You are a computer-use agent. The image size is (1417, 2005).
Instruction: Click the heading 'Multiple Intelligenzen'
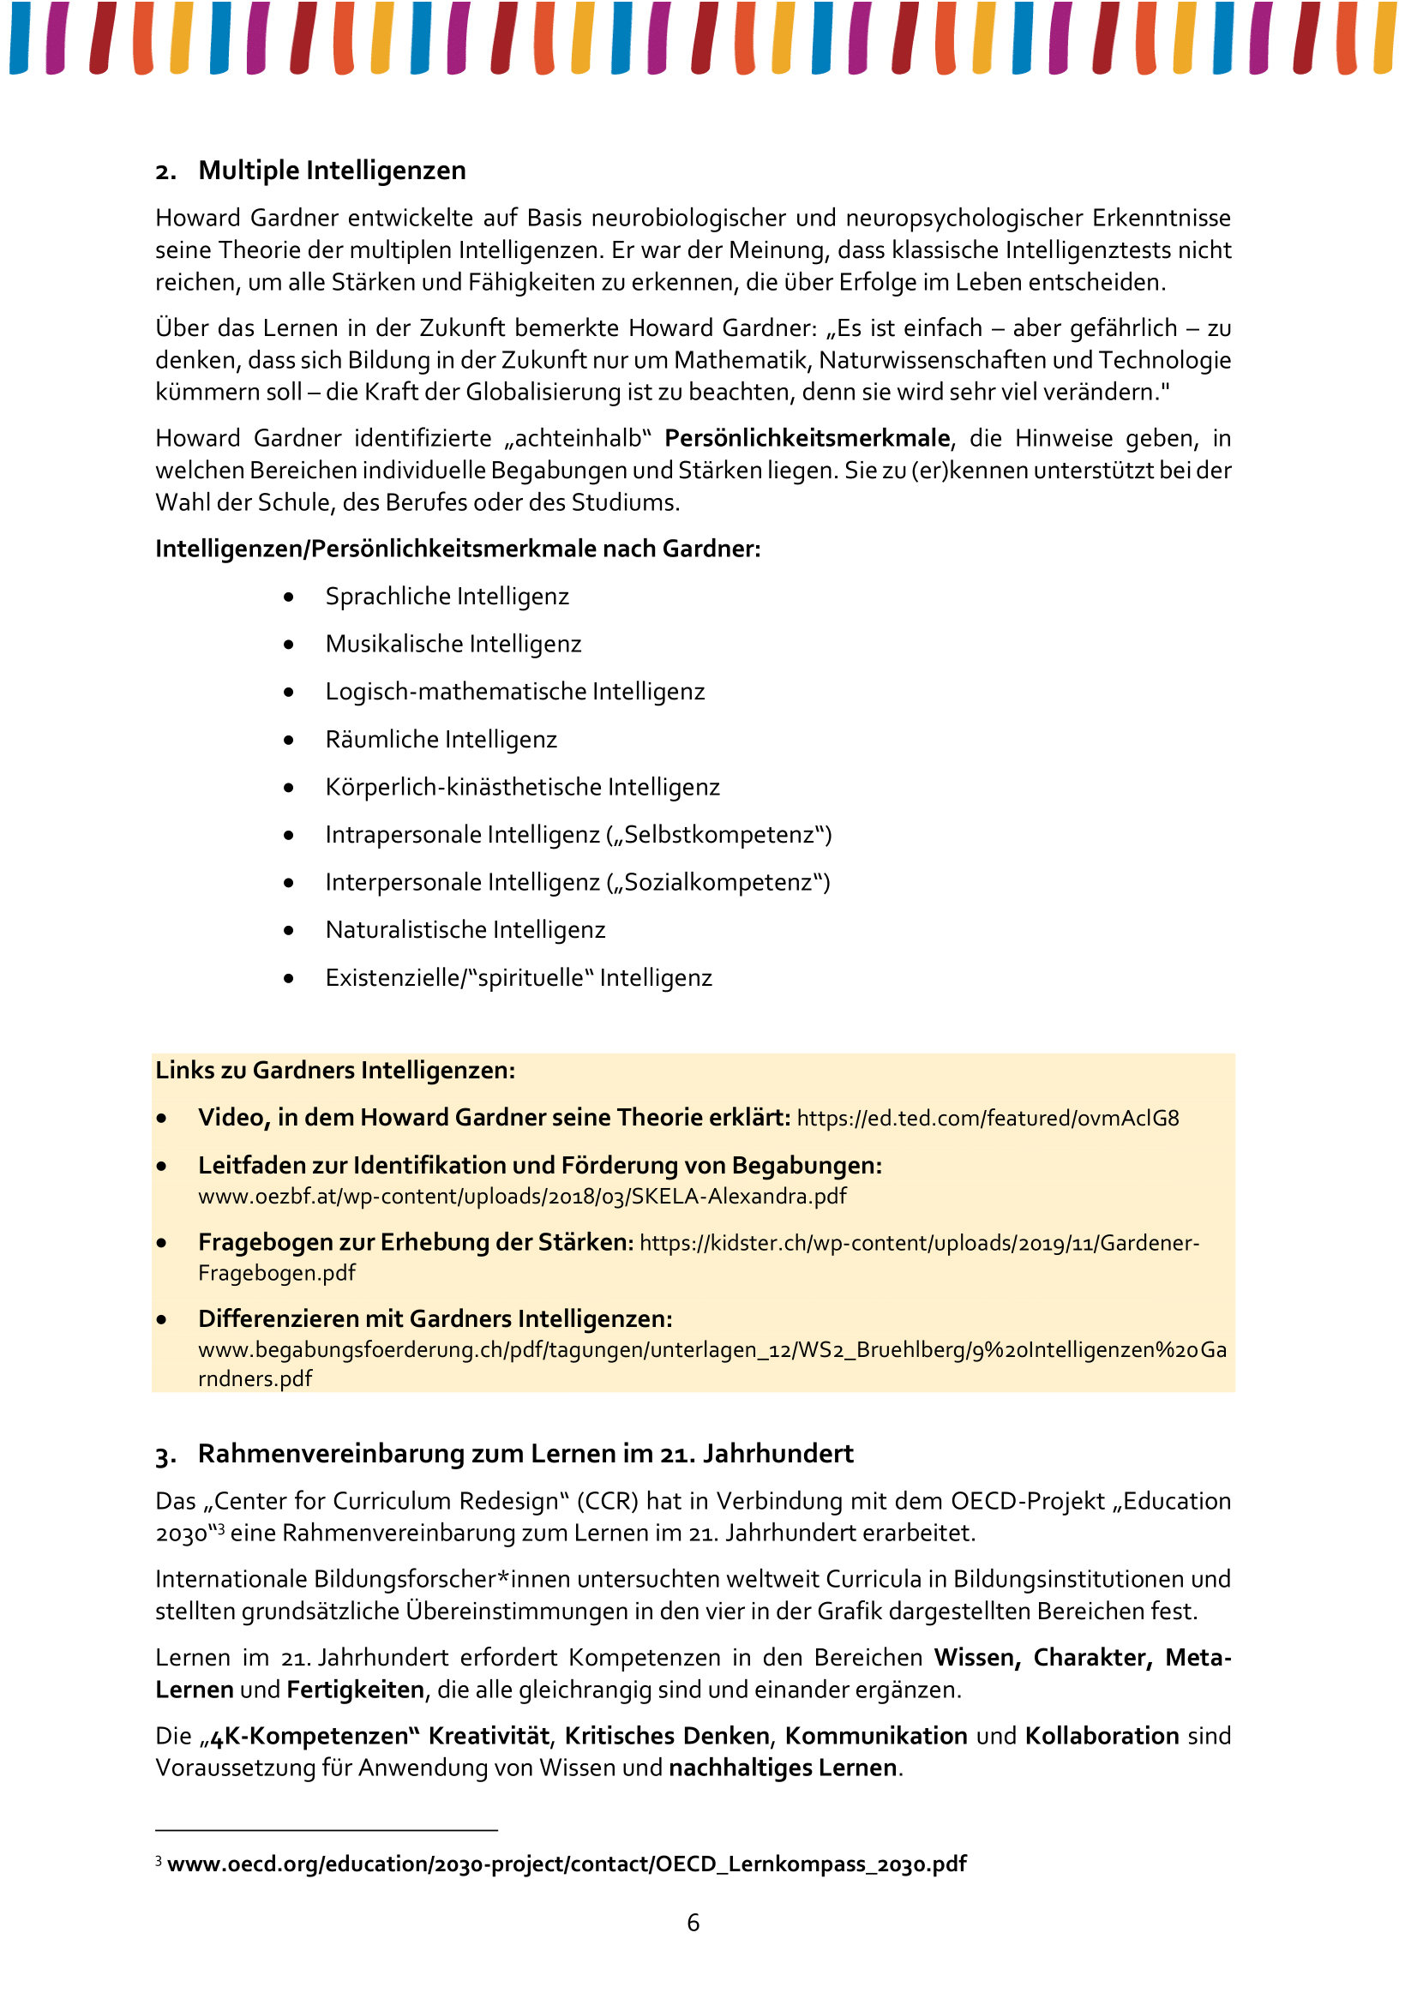(332, 171)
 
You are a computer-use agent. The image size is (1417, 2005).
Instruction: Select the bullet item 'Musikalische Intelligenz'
(453, 644)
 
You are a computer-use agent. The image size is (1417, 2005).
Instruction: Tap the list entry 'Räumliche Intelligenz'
(441, 739)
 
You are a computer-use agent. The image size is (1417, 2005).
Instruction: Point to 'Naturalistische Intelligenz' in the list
(465, 929)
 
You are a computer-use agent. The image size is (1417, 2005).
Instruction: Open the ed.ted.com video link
(988, 1118)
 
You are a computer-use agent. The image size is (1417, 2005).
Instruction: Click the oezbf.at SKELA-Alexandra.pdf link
(522, 1196)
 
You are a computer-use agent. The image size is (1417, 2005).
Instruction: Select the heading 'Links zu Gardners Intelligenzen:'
(335, 1070)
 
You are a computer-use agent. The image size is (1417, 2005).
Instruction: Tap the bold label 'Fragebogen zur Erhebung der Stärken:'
(416, 1242)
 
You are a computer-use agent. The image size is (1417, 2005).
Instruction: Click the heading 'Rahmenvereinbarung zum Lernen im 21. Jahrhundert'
(525, 1453)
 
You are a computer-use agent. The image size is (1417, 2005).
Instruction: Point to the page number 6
(693, 1922)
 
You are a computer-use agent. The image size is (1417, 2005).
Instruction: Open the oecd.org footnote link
(567, 1864)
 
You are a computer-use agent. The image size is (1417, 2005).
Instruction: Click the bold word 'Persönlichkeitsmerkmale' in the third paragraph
(807, 437)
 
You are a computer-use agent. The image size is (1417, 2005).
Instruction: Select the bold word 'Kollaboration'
(1102, 1735)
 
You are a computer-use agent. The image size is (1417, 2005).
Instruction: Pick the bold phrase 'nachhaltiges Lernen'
(783, 1768)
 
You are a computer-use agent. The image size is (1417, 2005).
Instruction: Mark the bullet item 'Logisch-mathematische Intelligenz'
(515, 691)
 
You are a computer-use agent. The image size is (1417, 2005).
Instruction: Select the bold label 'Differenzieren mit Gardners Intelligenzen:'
(435, 1318)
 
